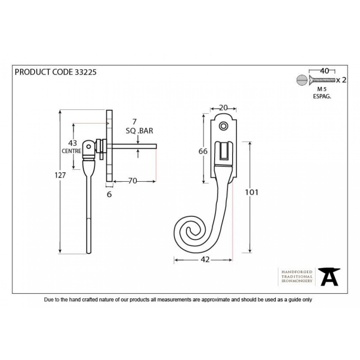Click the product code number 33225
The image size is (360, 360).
tap(85, 72)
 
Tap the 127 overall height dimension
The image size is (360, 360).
tap(60, 175)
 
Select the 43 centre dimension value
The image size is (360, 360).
tap(72, 143)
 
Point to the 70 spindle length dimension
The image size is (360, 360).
tap(133, 181)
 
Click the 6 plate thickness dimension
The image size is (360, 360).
tap(109, 194)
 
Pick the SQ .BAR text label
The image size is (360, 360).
tap(139, 130)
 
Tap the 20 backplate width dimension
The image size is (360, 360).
tap(223, 108)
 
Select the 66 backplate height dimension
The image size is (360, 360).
tap(203, 151)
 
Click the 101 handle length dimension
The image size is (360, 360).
tap(252, 192)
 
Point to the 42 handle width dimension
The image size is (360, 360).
tap(205, 260)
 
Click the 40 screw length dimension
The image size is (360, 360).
tap(324, 71)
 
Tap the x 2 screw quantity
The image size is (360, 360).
tap(341, 80)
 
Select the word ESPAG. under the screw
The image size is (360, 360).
tap(322, 96)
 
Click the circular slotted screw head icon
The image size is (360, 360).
tap(301, 80)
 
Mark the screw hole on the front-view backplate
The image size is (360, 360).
tap(223, 126)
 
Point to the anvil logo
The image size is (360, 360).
tap(329, 277)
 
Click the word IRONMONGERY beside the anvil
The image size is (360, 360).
tap(297, 281)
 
